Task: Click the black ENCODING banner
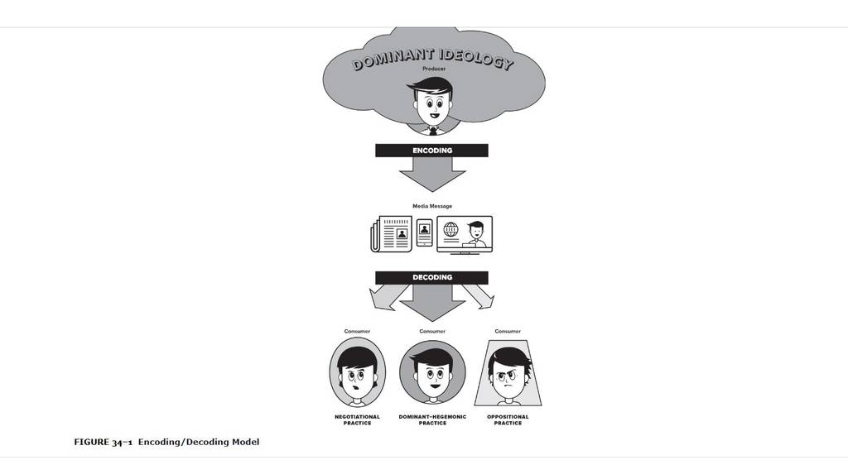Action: tap(431, 151)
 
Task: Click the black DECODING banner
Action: tap(431, 277)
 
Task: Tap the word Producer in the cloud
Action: tap(434, 69)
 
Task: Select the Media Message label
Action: tap(432, 206)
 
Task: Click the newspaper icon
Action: tap(392, 233)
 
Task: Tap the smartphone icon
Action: tap(425, 232)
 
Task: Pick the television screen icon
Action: tap(465, 235)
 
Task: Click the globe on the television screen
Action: tap(451, 230)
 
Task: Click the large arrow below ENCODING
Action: tap(432, 174)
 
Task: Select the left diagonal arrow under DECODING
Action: tap(388, 297)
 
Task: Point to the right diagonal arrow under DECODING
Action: tap(478, 296)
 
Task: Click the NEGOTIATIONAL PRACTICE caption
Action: tap(357, 420)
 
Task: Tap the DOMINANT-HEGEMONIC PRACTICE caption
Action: tap(432, 420)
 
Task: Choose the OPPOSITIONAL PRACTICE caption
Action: tap(508, 420)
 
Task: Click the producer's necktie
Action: tap(432, 131)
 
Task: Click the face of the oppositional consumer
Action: tap(508, 378)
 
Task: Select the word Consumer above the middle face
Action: tap(432, 332)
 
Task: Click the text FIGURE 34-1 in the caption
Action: tap(104, 442)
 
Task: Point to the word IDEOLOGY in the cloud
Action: tap(475, 59)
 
